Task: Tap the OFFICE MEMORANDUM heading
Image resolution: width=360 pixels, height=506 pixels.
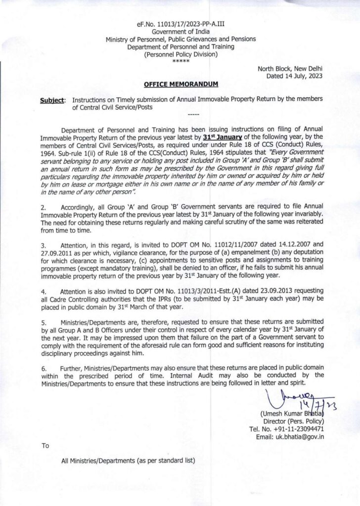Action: click(x=180, y=85)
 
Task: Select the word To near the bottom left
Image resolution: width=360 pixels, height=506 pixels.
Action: click(x=45, y=446)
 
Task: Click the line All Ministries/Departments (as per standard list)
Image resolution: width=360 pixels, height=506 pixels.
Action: click(x=128, y=461)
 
